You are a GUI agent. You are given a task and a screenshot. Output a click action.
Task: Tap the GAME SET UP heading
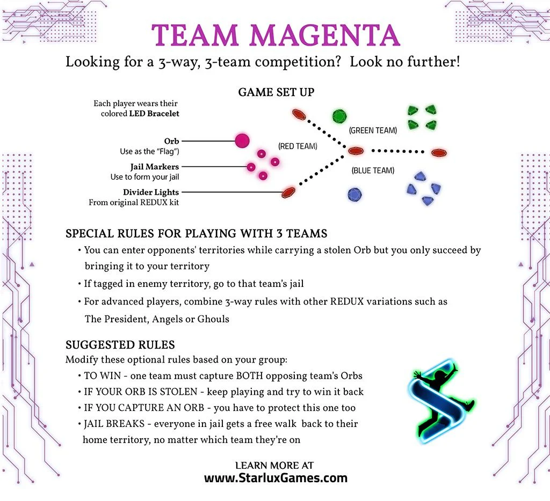276,92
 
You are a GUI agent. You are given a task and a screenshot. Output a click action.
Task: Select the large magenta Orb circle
242,141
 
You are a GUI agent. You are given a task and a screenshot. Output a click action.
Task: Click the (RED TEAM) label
298,146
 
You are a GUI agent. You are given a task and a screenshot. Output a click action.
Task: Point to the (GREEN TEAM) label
373,130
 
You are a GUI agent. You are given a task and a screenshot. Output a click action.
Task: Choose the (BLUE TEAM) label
373,171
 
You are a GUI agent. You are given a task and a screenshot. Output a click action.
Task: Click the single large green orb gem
339,116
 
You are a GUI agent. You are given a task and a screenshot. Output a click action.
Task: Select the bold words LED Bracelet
154,114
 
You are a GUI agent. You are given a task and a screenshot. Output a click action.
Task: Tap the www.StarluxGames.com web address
276,478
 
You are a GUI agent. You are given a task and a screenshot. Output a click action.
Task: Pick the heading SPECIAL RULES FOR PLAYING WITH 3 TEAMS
197,234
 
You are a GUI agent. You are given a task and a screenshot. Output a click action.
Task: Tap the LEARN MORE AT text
274,465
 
